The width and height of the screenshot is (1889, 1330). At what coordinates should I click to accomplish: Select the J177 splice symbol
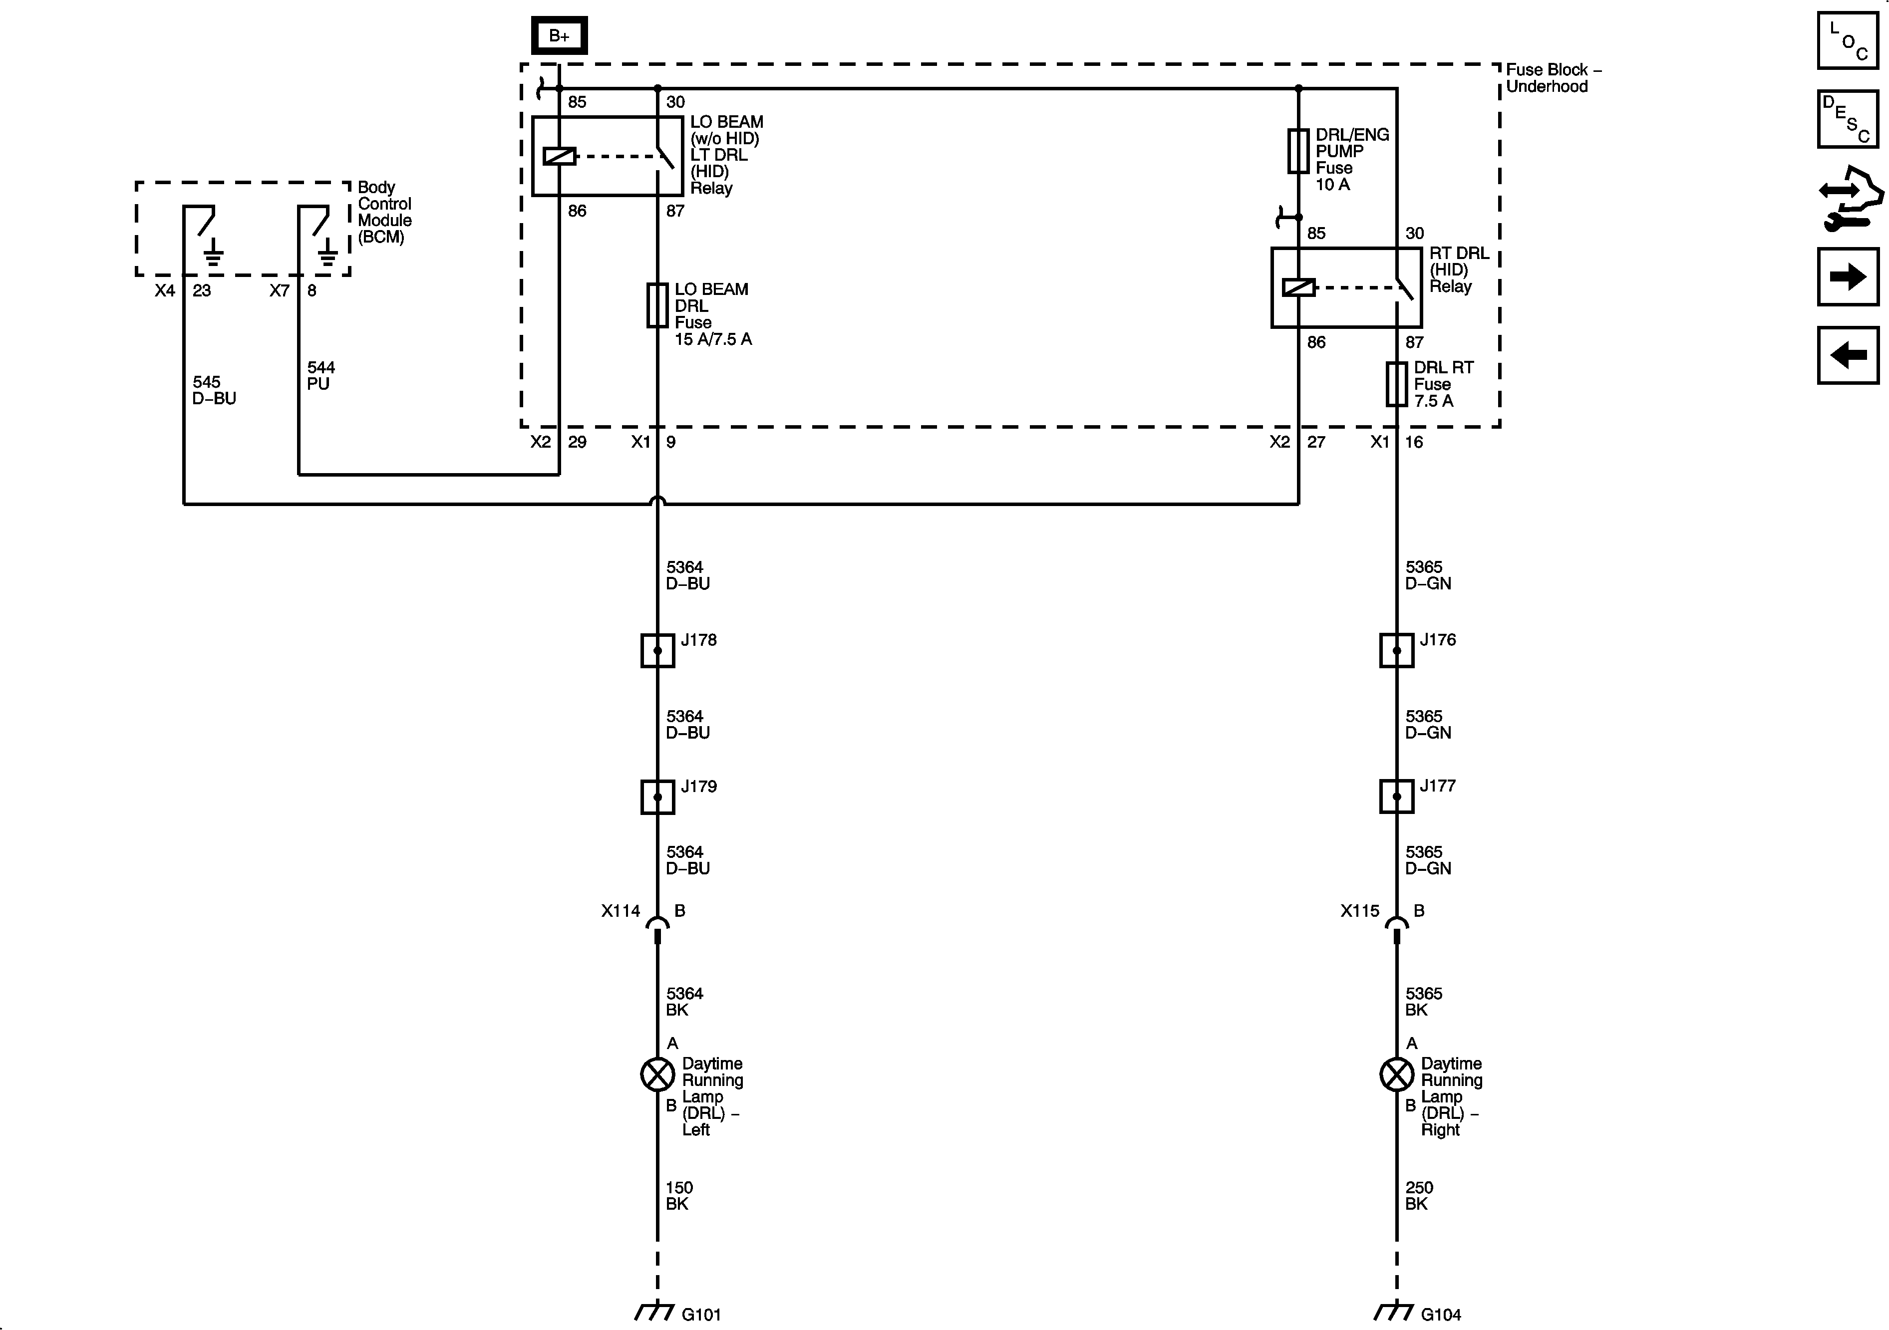[x=1396, y=796]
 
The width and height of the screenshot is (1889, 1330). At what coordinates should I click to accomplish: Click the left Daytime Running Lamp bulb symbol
[x=657, y=1074]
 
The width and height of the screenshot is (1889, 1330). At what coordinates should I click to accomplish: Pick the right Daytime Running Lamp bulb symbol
[x=1396, y=1074]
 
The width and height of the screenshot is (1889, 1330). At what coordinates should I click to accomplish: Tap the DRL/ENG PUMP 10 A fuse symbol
[x=1298, y=151]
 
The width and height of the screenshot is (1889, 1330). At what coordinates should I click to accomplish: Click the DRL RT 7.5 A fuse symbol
[x=1396, y=384]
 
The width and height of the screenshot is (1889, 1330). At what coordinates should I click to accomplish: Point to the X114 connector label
[x=621, y=910]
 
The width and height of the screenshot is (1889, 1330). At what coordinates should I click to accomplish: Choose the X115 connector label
[x=1359, y=910]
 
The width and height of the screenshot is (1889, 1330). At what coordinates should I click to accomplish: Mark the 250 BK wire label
[x=1418, y=1195]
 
